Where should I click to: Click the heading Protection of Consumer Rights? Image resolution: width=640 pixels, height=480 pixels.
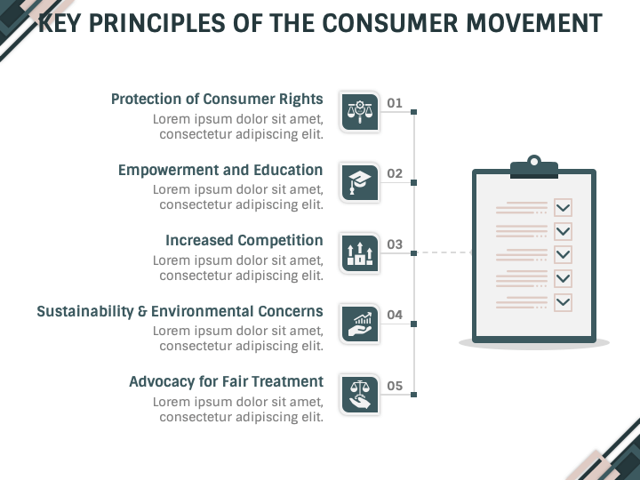[217, 100]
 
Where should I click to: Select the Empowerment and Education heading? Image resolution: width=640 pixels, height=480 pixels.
[220, 170]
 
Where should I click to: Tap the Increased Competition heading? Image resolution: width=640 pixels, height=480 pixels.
[244, 240]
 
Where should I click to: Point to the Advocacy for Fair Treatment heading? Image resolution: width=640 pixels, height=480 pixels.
[226, 381]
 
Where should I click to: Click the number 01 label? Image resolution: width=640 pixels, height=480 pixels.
[395, 103]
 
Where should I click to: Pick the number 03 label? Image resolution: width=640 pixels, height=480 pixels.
[395, 244]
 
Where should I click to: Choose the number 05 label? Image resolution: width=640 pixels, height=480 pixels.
[395, 386]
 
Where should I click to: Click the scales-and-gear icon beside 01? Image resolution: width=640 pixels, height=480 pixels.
[360, 112]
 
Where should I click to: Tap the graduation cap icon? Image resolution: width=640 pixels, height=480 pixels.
[360, 182]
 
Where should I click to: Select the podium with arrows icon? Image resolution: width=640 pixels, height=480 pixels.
[360, 253]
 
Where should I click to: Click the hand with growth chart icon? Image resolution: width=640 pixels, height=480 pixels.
[360, 324]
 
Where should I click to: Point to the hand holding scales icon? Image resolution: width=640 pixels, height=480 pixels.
[360, 395]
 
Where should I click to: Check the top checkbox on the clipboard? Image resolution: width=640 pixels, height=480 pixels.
[563, 208]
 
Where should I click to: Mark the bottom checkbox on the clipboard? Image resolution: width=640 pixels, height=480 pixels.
[563, 302]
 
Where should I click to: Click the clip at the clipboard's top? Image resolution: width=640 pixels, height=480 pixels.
[534, 167]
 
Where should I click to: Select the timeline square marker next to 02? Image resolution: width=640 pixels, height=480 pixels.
[414, 182]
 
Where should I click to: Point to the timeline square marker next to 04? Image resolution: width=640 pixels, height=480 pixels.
[414, 324]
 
